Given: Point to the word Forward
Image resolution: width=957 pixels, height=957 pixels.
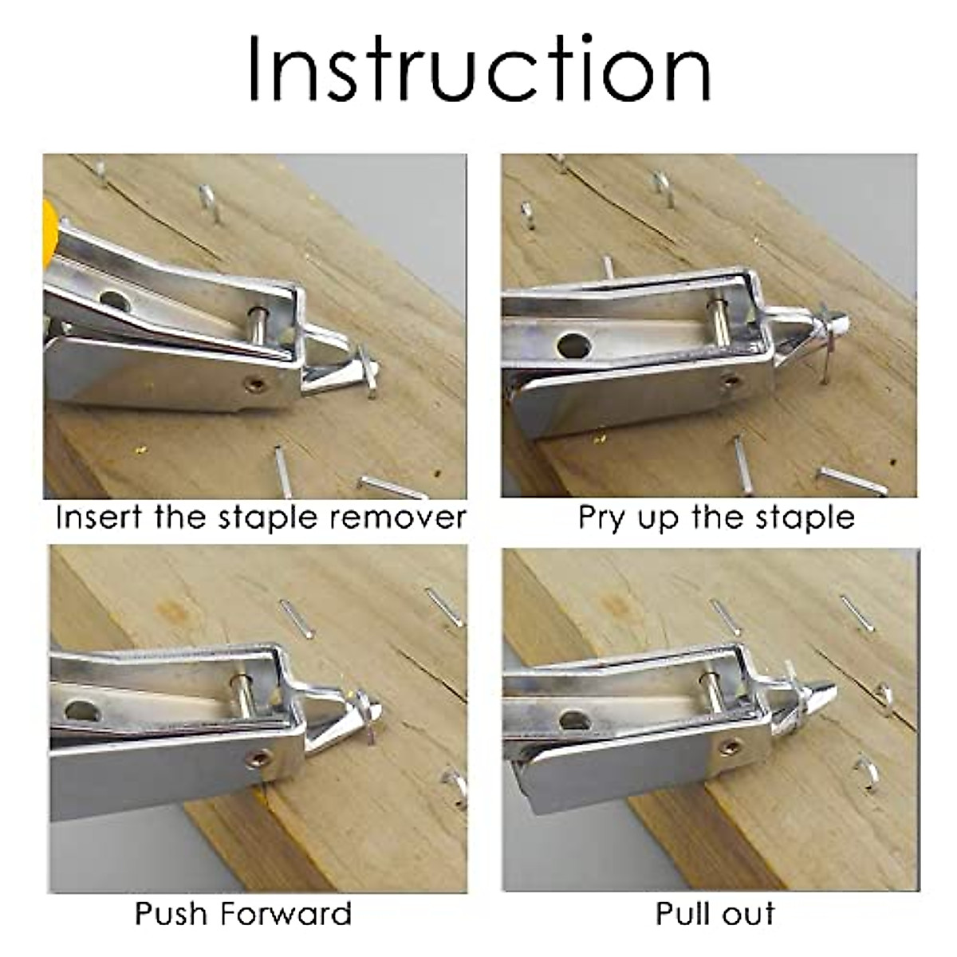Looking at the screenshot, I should (286, 913).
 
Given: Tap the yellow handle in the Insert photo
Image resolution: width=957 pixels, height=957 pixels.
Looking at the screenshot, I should (50, 227).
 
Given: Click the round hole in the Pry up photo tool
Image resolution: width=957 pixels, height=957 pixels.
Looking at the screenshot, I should (571, 345).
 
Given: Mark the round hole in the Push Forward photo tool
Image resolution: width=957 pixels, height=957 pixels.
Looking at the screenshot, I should (79, 711).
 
